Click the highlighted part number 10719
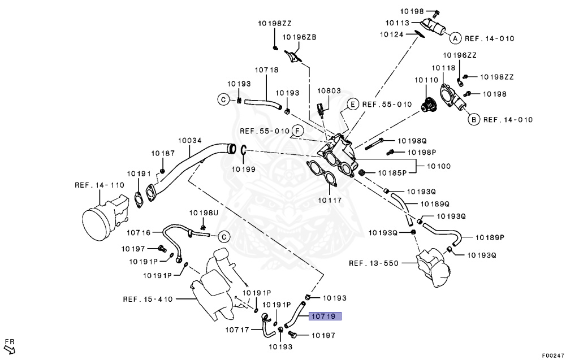pyautogui.click(x=325, y=317)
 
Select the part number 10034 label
pyautogui.click(x=190, y=140)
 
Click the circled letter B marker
pyautogui.click(x=472, y=119)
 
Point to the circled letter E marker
pyautogui.click(x=352, y=104)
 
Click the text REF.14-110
pyautogui.click(x=99, y=185)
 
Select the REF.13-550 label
pyautogui.click(x=373, y=263)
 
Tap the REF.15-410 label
pyautogui.click(x=147, y=299)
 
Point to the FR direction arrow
pyautogui.click(x=10, y=345)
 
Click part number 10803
pyautogui.click(x=329, y=90)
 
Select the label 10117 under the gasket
pyautogui.click(x=329, y=199)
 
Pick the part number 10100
pyautogui.click(x=438, y=167)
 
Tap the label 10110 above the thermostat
pyautogui.click(x=426, y=81)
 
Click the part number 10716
pyautogui.click(x=139, y=232)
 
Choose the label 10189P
pyautogui.click(x=490, y=237)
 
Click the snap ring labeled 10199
pyautogui.click(x=243, y=150)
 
